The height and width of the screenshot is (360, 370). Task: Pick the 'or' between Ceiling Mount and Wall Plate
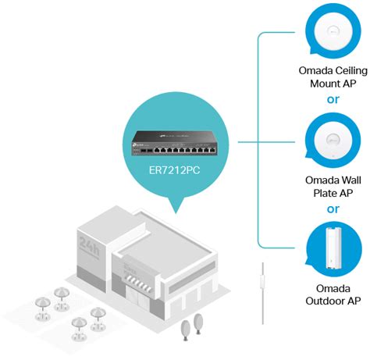[x=333, y=101]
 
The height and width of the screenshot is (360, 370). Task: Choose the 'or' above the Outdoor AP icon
[x=333, y=209]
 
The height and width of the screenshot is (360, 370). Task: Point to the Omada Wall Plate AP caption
[x=333, y=187]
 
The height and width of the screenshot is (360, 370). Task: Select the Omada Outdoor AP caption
[x=333, y=294]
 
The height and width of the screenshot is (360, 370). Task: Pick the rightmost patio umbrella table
[x=98, y=315]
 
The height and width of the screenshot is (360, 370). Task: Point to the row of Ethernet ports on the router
[x=180, y=146]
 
